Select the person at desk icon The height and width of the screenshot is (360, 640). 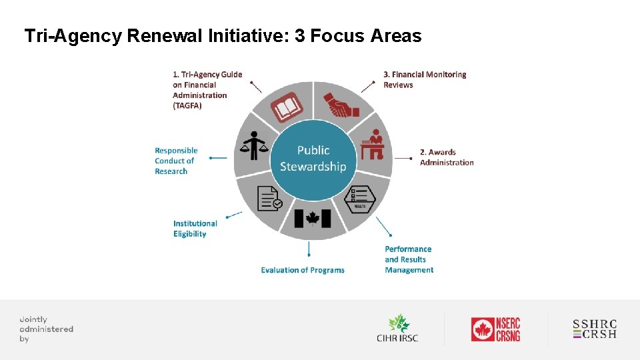click(x=372, y=145)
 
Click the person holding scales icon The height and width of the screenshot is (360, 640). click(x=253, y=145)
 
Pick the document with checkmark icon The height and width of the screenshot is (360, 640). click(x=269, y=198)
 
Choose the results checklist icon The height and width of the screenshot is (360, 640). click(x=363, y=198)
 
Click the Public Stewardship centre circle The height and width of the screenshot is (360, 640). click(x=313, y=160)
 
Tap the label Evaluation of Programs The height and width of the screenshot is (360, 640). click(x=303, y=270)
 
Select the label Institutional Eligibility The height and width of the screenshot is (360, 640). click(x=195, y=229)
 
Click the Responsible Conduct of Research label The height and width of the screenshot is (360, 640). click(x=176, y=161)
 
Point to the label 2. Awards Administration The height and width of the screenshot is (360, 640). click(x=447, y=157)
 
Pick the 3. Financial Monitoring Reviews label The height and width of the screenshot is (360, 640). click(x=425, y=79)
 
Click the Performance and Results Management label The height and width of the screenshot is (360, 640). click(x=409, y=259)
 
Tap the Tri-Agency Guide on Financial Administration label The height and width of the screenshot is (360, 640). click(x=207, y=90)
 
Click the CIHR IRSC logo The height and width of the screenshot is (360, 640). click(x=397, y=328)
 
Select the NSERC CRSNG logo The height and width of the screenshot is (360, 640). click(x=495, y=329)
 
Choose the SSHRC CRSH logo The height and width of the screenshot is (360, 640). click(x=595, y=329)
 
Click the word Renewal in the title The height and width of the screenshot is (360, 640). click(x=165, y=36)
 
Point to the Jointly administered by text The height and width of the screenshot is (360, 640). click(x=46, y=329)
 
